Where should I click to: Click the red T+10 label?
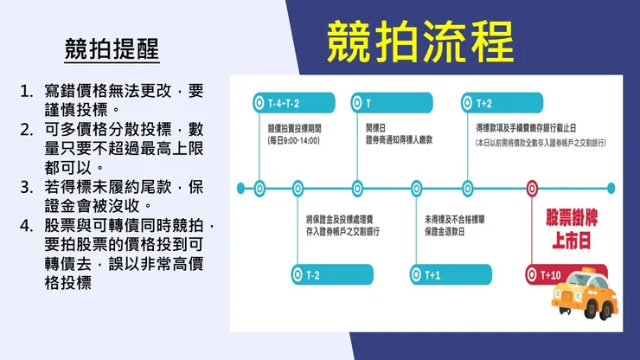click(554, 274)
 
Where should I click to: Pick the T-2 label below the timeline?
click(313, 274)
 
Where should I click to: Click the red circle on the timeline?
click(533, 187)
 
